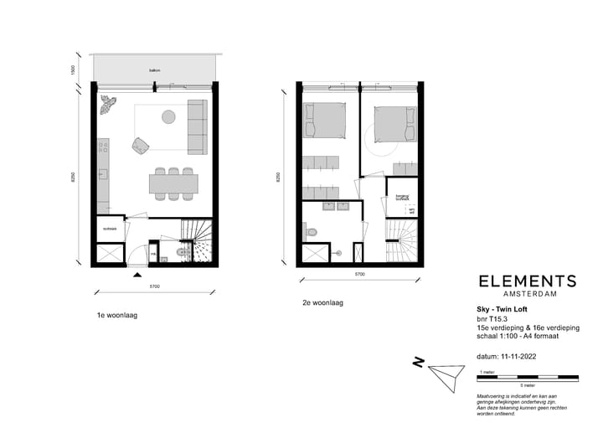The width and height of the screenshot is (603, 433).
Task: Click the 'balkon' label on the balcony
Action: [x=155, y=70]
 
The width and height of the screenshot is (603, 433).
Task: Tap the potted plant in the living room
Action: [x=108, y=104]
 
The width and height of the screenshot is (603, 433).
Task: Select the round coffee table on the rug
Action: [x=169, y=116]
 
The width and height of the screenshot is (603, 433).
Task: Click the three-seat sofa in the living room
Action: [x=198, y=126]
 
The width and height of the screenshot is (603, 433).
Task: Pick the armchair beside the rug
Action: [x=139, y=146]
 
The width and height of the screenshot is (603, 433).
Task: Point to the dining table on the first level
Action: [x=173, y=181]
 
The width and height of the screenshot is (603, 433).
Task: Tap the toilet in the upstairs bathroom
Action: [x=311, y=231]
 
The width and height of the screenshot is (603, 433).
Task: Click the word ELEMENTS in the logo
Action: [x=527, y=281]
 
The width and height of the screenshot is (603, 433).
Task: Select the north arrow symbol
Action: [x=442, y=372]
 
